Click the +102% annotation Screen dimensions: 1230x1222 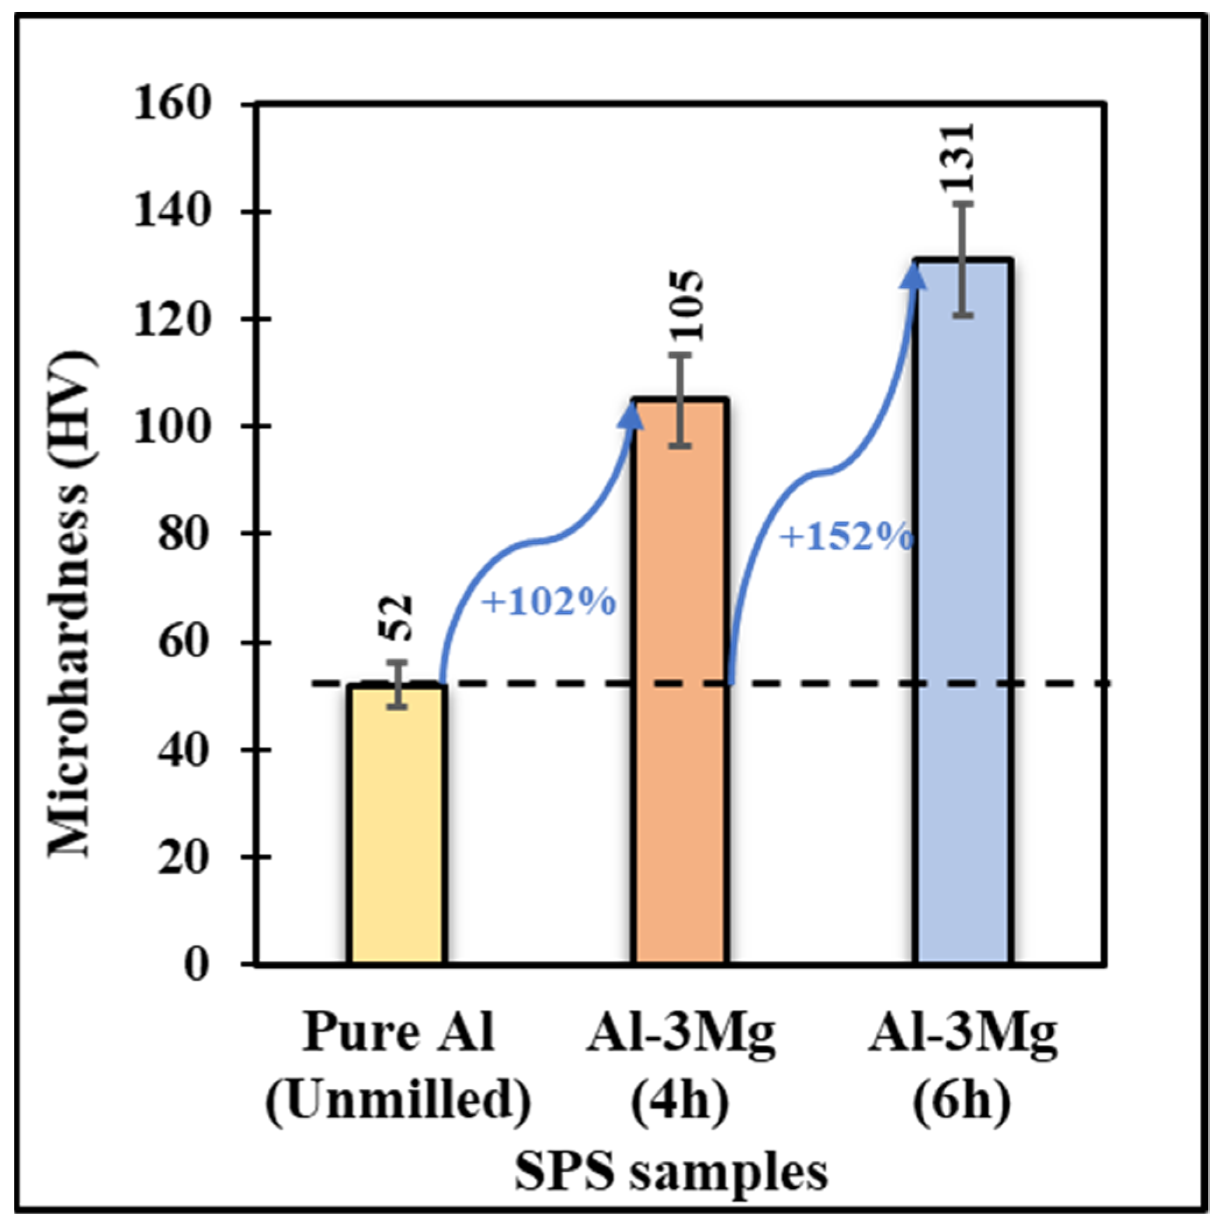(x=549, y=602)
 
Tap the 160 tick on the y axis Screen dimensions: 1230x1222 (x=171, y=104)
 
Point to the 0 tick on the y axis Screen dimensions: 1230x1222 (x=196, y=964)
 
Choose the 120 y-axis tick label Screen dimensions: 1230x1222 (x=171, y=319)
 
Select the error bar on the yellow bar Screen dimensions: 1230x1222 (x=399, y=685)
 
